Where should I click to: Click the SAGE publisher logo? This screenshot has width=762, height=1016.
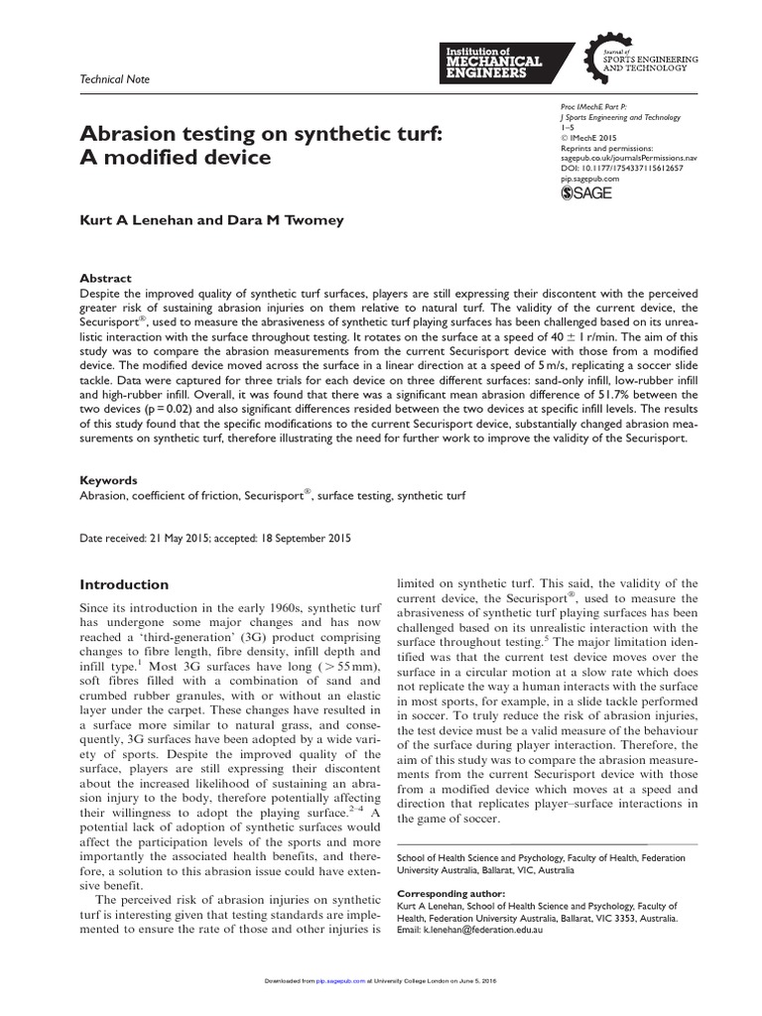pos(586,193)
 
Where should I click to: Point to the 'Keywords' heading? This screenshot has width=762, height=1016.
pos(108,479)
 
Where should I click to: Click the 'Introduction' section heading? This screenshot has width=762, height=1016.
pos(124,584)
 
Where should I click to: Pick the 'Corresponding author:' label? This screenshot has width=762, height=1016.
pos(449,894)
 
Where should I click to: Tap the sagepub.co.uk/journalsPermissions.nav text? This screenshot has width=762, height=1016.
pos(628,158)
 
